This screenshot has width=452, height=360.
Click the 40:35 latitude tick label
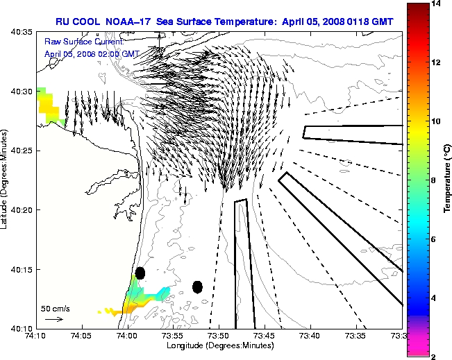(23, 32)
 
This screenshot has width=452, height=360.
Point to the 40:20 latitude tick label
(23, 210)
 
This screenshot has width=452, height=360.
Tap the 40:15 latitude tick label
(23, 269)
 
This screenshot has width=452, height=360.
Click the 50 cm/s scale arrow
(53, 320)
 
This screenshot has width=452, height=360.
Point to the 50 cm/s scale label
(55, 309)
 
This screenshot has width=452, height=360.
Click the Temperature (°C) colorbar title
(448, 181)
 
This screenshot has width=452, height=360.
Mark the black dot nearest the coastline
(140, 273)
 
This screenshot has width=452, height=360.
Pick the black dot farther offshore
(197, 286)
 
